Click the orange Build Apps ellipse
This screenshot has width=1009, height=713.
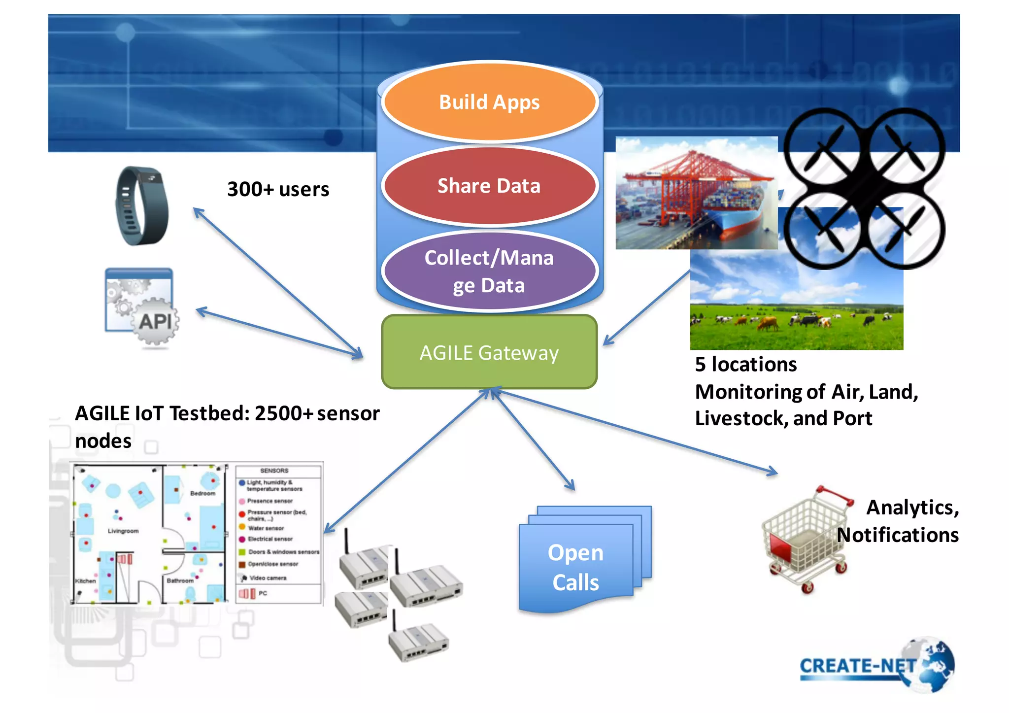click(489, 102)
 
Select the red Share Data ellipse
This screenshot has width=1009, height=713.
click(489, 186)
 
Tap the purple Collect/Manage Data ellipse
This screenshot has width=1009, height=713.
click(489, 272)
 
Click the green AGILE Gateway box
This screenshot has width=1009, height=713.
click(489, 353)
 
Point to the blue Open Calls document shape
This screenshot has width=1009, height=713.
click(576, 567)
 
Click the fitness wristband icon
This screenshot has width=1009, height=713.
click(141, 206)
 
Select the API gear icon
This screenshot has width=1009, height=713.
click(142, 308)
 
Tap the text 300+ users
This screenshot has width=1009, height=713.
click(278, 189)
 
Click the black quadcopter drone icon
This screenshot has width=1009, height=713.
click(864, 188)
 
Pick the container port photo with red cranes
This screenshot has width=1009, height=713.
click(696, 193)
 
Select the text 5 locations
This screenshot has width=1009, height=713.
click(745, 365)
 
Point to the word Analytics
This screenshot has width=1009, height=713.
click(911, 508)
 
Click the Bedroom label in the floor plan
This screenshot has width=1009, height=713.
click(202, 493)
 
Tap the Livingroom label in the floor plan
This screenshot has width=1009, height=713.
click(123, 531)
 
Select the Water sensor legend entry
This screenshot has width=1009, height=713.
click(266, 528)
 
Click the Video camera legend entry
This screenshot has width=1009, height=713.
click(268, 578)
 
